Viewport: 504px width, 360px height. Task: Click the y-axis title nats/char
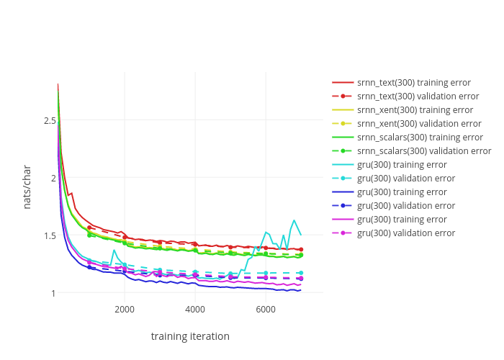point(27,186)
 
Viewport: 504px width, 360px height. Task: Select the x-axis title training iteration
point(190,336)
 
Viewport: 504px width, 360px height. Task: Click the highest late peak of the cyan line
point(294,220)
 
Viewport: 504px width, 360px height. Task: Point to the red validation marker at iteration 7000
point(301,249)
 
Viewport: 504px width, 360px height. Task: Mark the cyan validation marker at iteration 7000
point(301,273)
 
